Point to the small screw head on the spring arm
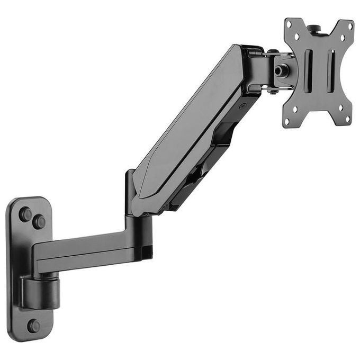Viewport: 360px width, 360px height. [242, 106]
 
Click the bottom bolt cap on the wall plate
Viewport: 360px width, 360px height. [33, 326]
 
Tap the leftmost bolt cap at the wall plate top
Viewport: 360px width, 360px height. [25, 214]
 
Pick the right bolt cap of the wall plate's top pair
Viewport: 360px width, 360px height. [39, 222]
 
